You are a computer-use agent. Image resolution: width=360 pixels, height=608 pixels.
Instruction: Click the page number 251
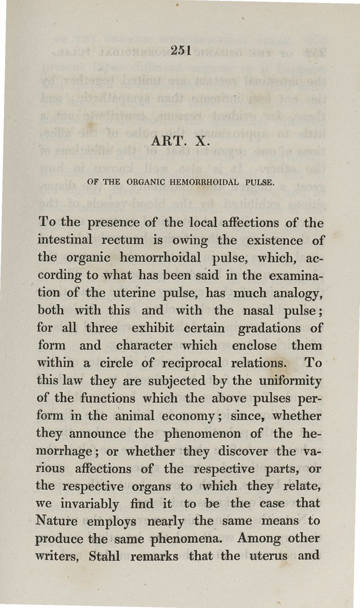182,51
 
